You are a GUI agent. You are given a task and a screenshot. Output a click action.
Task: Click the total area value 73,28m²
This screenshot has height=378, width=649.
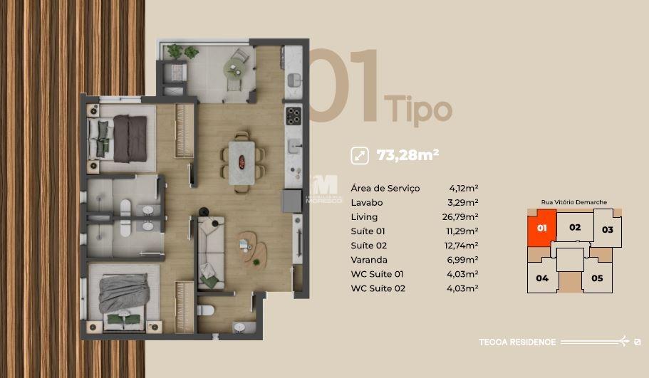pyautogui.click(x=407, y=154)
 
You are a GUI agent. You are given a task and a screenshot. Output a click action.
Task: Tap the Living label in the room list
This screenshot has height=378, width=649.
pyautogui.click(x=364, y=217)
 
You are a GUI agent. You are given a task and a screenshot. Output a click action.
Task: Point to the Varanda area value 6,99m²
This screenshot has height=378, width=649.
pyautogui.click(x=463, y=260)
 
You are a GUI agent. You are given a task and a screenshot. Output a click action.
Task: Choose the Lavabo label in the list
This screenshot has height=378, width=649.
pyautogui.click(x=367, y=203)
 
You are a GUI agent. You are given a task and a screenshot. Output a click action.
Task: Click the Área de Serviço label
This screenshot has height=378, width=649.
pyautogui.click(x=385, y=189)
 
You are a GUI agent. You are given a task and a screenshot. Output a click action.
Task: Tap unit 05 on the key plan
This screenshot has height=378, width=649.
pyautogui.click(x=597, y=278)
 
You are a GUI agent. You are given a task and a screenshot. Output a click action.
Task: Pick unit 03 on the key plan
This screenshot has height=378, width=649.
pyautogui.click(x=607, y=230)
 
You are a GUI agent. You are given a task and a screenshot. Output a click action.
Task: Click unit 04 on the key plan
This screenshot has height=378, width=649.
pyautogui.click(x=542, y=278)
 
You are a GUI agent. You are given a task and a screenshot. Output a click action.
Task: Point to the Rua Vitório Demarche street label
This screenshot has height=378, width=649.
pyautogui.click(x=574, y=202)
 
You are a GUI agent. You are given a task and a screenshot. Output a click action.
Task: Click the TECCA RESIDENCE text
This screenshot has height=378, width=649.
pyautogui.click(x=517, y=342)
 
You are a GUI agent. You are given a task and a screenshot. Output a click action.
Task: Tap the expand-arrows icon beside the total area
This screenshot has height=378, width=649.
pyautogui.click(x=360, y=154)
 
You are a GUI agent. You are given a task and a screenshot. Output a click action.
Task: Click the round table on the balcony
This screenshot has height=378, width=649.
pyautogui.click(x=234, y=68)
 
